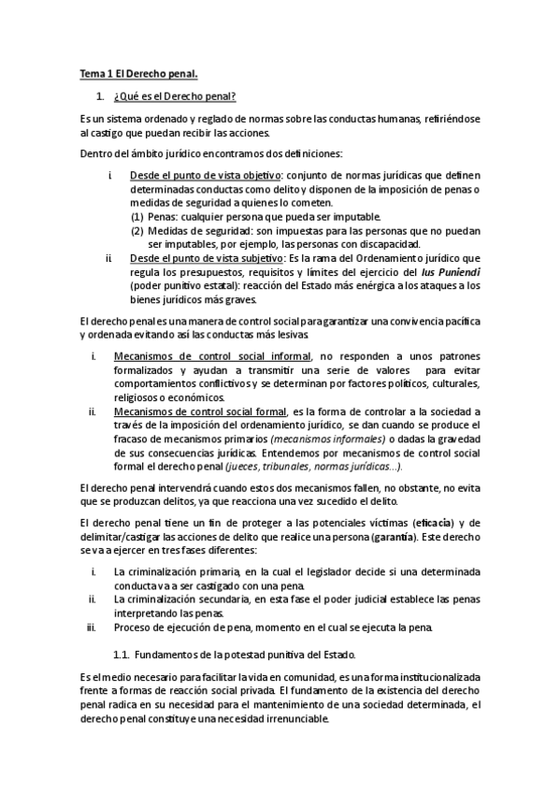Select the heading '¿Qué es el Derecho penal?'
[175, 96]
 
